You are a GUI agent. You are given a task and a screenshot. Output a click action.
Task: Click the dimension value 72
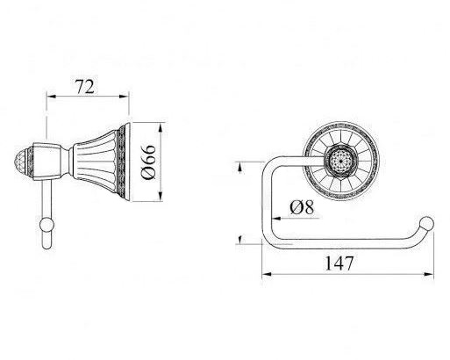85,87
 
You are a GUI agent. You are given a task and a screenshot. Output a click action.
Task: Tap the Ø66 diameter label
149,162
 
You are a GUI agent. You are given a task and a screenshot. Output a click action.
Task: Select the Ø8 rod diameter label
302,207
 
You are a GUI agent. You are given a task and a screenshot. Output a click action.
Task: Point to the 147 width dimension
339,263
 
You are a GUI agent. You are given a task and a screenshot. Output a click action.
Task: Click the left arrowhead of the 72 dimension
51,97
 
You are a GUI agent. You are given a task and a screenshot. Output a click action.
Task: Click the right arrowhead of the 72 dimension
125,97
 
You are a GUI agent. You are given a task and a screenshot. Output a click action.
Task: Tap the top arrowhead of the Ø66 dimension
161,128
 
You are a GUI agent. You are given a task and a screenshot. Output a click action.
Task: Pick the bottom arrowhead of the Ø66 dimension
161,196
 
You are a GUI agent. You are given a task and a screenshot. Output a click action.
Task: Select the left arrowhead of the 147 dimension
267,274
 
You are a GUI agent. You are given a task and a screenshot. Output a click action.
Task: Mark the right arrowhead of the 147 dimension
429,274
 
